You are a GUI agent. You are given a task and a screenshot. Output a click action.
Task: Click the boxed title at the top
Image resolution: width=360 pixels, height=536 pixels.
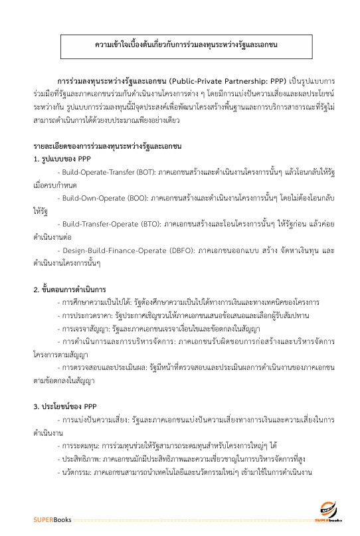[x=180, y=45]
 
